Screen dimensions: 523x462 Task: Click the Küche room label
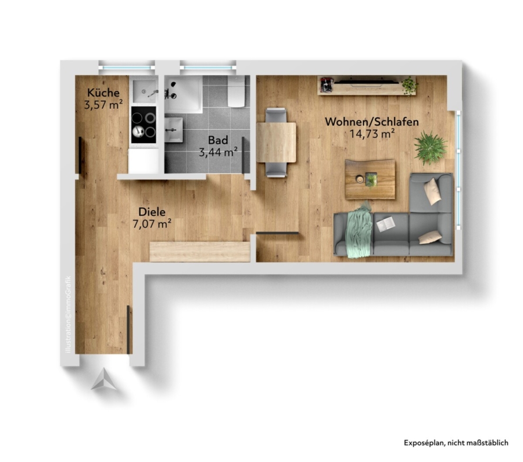pos(103,93)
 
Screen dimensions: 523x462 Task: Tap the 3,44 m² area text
pos(218,152)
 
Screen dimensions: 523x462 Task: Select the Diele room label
pos(152,212)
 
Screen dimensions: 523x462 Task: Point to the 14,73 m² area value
pos(372,134)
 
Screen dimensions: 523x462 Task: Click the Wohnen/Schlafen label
pos(372,122)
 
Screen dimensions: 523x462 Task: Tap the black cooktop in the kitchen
pos(144,125)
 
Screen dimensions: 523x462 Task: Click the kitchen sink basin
pos(145,91)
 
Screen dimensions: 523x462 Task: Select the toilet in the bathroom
pos(236,91)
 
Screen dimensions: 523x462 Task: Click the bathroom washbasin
pos(173,130)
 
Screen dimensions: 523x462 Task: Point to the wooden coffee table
pos(370,179)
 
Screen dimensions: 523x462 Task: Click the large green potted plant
pos(430,147)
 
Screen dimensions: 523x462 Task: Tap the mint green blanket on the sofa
pos(359,230)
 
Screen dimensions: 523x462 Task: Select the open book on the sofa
pos(386,224)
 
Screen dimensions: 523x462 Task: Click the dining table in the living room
pos(276,143)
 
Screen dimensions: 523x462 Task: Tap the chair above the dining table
pos(275,115)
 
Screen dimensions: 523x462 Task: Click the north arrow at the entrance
pos(104,379)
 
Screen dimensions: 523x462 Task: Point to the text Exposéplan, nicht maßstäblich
pos(456,443)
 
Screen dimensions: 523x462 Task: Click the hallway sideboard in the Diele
pos(200,251)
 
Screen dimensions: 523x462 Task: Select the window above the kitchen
pos(127,67)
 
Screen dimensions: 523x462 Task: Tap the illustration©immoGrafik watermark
pos(69,314)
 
